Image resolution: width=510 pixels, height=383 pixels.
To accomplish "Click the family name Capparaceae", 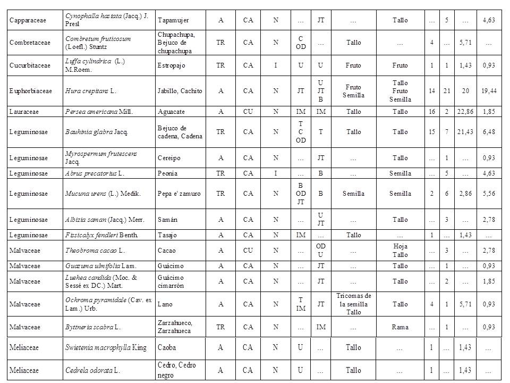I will tap(28, 20).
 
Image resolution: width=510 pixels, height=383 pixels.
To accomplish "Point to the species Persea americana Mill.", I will tap(94, 112).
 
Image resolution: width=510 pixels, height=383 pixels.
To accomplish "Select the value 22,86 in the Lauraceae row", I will tap(465, 112).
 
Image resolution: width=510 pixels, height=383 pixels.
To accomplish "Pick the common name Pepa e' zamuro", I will tap(179, 194).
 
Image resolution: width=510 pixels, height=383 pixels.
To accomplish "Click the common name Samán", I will tap(167, 220).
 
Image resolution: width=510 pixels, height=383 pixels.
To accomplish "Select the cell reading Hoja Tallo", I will tap(400, 250).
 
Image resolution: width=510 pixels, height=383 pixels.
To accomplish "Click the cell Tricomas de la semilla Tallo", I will tap(353, 304).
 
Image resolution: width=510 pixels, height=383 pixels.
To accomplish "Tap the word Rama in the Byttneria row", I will tap(400, 327).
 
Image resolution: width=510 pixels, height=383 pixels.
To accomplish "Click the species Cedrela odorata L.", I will tap(91, 370).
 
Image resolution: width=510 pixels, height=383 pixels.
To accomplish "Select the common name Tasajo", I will tap(167, 235).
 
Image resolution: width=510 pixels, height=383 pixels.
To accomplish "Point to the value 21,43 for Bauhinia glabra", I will tap(465, 131).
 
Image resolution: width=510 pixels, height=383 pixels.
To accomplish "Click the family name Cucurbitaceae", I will tap(30, 65).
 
